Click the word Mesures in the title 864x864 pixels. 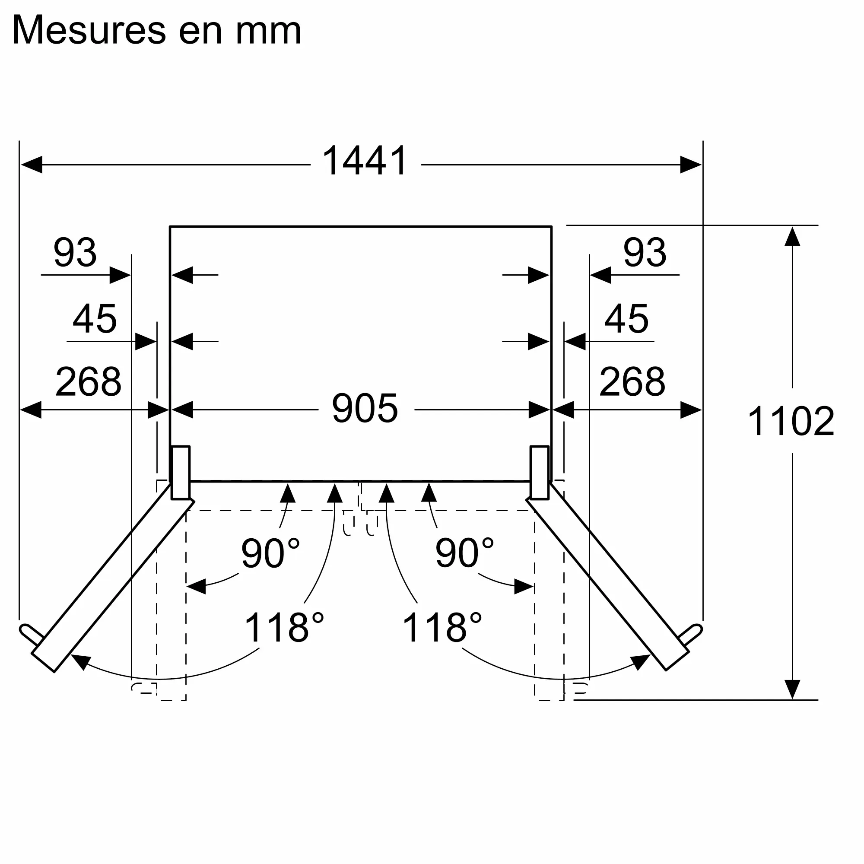[89, 30]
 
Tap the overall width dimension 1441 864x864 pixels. [365, 161]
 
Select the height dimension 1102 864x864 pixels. [790, 421]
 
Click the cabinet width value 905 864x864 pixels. [365, 408]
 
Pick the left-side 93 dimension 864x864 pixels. [75, 253]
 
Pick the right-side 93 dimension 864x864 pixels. [645, 253]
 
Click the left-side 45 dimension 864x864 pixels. [94, 319]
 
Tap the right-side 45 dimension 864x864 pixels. [626, 319]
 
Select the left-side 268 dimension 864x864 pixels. [88, 382]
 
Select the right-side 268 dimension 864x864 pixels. [632, 382]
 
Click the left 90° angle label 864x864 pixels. [270, 553]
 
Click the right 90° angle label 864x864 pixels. [464, 553]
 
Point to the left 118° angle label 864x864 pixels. [284, 628]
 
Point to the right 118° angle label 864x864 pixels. [442, 628]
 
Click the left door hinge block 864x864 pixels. [181, 472]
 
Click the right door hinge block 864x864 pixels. [539, 472]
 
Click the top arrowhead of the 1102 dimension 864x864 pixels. [792, 237]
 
